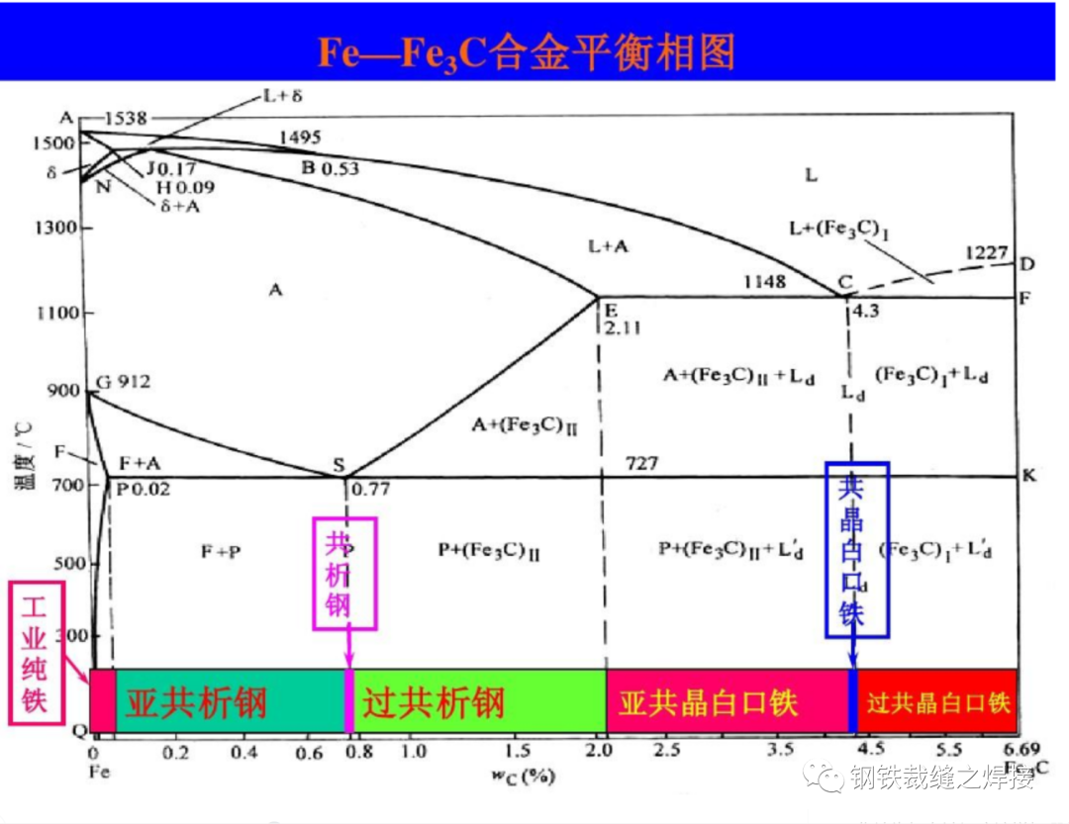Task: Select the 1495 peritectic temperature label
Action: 302,137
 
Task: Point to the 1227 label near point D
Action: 988,253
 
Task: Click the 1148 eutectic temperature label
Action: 764,282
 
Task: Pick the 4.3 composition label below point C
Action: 865,310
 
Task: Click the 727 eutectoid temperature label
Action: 641,463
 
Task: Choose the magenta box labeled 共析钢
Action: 344,573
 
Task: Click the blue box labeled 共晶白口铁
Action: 857,549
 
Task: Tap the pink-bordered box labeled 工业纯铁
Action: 37,652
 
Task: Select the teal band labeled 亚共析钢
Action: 197,701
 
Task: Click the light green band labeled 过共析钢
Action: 434,701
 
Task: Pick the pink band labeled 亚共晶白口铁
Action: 709,701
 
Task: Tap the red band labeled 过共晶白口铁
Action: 937,701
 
